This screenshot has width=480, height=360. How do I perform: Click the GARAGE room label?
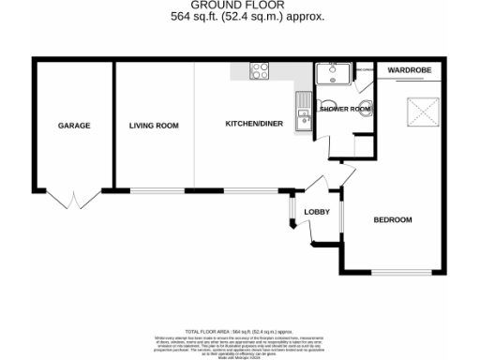coord(74,126)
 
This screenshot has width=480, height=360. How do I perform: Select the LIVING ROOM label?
coord(154,126)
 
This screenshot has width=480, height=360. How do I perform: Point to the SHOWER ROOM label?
coord(344,109)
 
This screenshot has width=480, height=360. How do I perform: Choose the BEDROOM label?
coord(393,219)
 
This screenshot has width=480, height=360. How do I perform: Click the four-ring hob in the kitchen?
coord(260,70)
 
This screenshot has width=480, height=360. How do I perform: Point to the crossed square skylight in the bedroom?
coord(423,112)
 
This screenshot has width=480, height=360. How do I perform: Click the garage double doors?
coord(74,199)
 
